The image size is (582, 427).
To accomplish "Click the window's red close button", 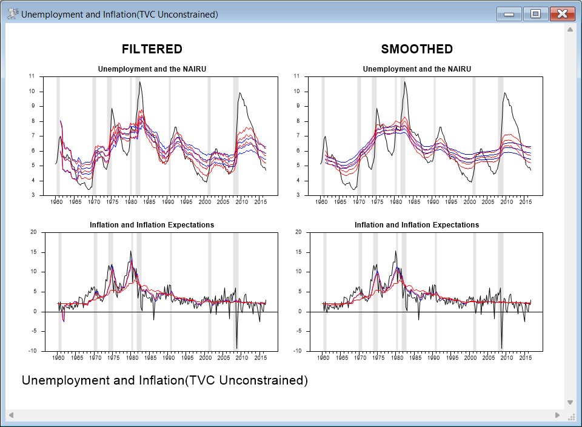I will point(562,14).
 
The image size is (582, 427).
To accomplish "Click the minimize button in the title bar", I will point(509,14).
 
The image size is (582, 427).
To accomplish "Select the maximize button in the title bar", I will point(535,14).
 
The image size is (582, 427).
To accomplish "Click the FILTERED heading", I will point(152,49).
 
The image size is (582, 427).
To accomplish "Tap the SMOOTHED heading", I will point(416,49).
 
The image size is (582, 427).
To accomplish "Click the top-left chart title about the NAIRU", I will point(152,69).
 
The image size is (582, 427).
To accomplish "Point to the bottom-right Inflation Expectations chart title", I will point(416,225).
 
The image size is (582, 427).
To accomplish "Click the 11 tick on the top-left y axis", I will point(32,76).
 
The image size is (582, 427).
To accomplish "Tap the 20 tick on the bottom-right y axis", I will point(297,232).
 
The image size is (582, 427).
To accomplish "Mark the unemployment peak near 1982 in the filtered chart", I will point(139,82).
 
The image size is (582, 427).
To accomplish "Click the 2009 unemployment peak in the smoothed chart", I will point(504,93).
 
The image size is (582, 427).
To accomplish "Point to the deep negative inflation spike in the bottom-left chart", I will point(236,348).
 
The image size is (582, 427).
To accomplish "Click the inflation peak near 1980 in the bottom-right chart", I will point(396,251).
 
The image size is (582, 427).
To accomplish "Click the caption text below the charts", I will point(164,381).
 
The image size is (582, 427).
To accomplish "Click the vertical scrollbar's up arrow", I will point(570,29).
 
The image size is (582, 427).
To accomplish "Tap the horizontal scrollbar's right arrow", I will point(558,415).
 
